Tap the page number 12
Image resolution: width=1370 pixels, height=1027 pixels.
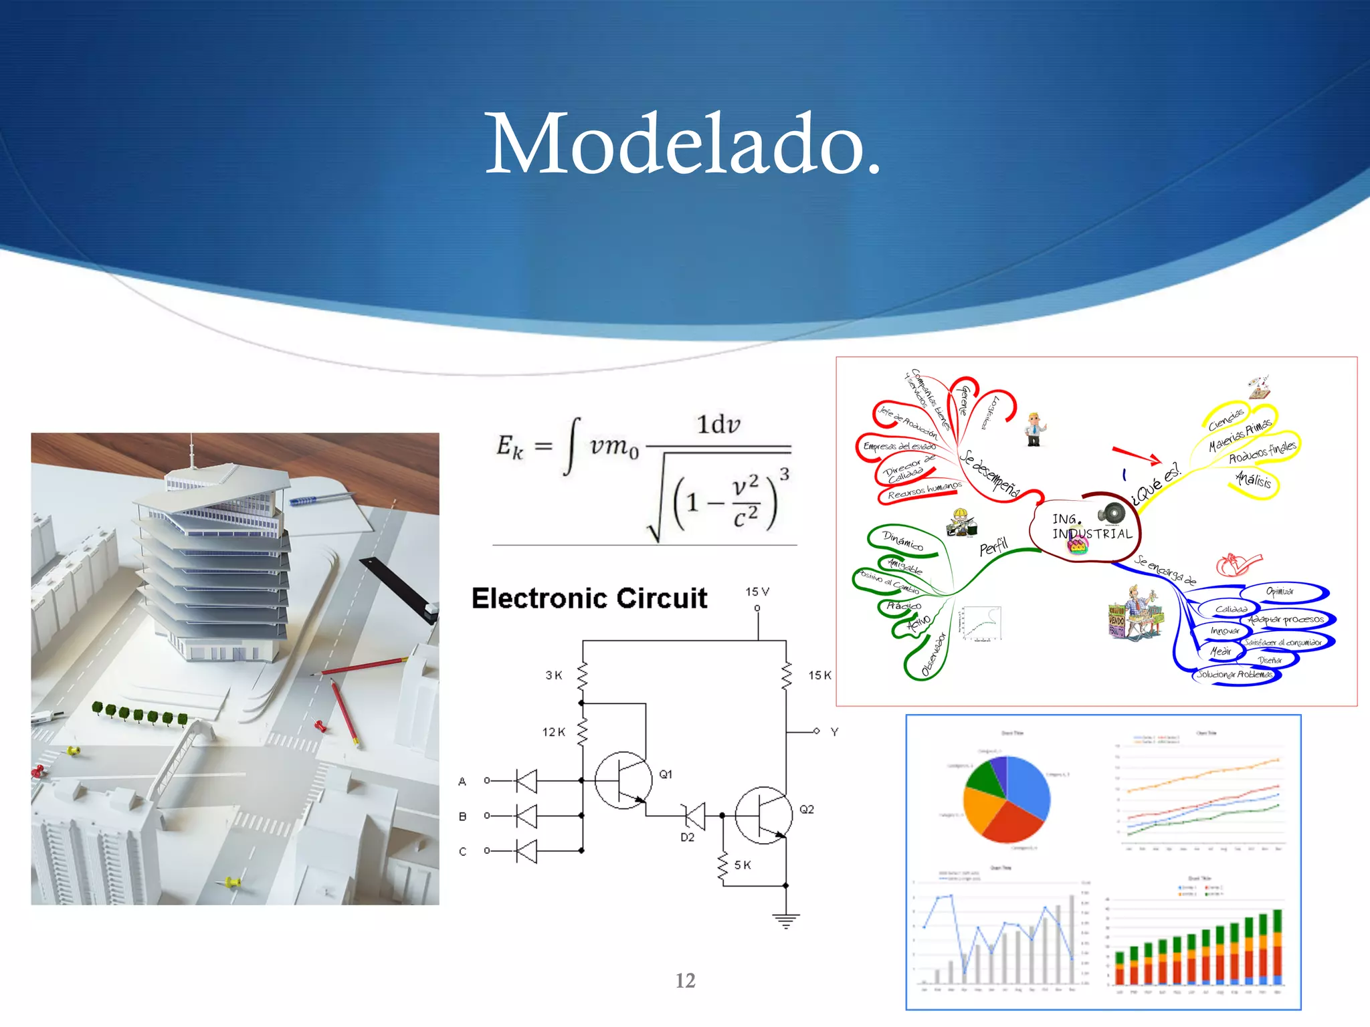click(685, 980)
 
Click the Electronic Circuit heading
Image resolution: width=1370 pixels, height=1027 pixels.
click(589, 598)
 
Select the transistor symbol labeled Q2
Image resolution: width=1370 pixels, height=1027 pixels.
click(763, 815)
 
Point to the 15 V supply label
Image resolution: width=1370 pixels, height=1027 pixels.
click(757, 592)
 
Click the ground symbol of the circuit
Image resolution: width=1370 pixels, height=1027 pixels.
click(785, 921)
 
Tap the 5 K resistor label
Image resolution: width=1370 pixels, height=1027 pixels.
click(743, 865)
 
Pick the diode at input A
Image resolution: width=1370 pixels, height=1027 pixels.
click(526, 780)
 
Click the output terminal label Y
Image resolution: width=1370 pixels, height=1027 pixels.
click(834, 732)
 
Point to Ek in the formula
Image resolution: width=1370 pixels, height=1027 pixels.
click(509, 447)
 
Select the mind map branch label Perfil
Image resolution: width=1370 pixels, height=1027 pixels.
click(993, 547)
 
